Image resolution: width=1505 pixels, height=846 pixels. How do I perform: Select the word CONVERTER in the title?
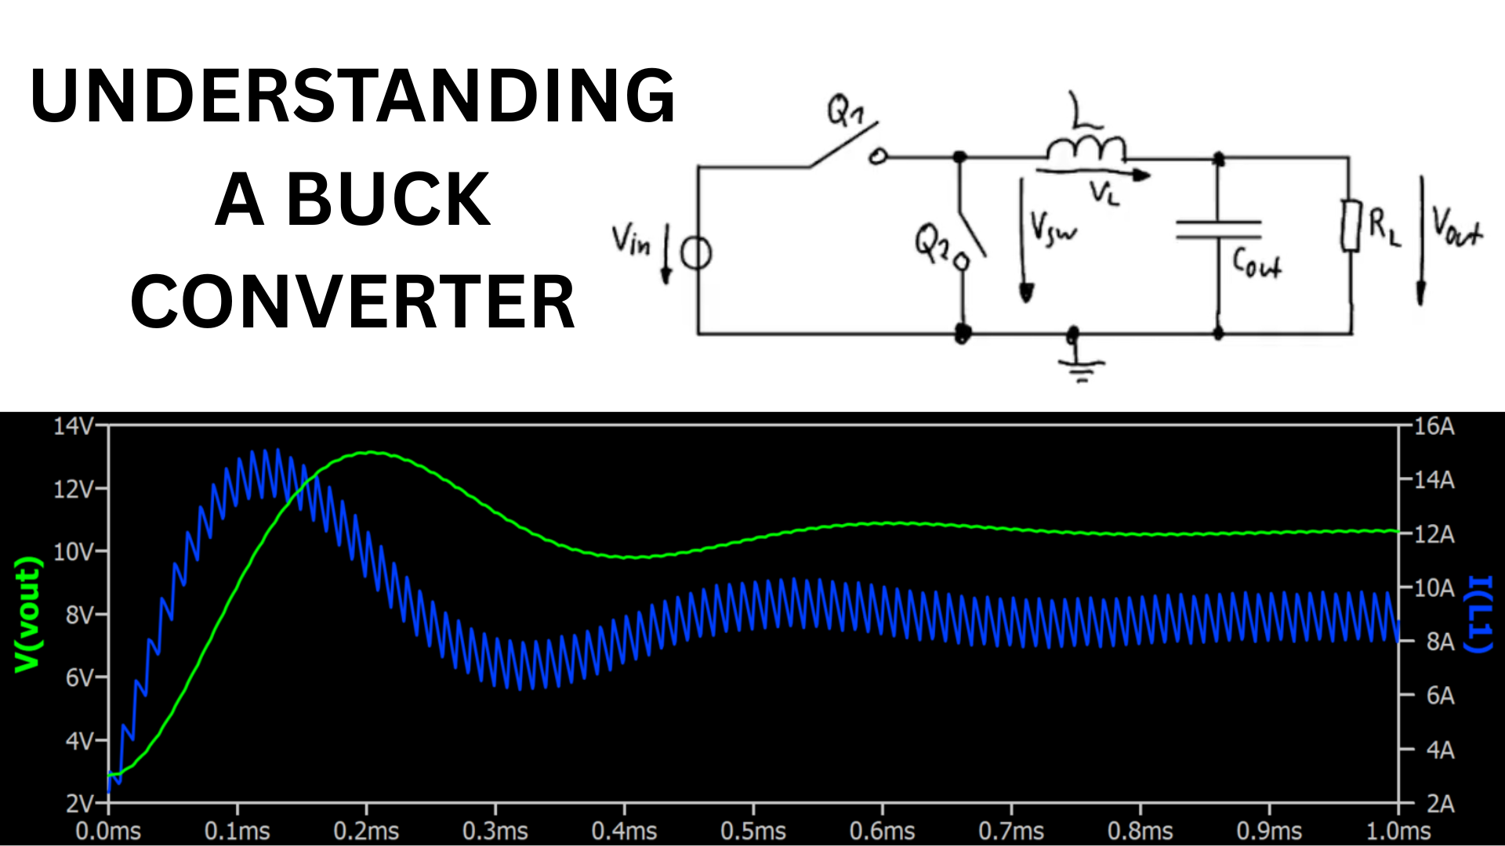(353, 302)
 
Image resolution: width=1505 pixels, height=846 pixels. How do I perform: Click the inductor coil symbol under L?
(1086, 149)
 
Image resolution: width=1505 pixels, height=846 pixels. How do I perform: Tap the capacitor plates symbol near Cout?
(1218, 229)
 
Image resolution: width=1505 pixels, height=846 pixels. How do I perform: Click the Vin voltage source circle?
(696, 254)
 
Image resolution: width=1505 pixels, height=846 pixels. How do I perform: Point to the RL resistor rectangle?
(1350, 226)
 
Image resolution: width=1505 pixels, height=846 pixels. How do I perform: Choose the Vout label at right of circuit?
(1456, 227)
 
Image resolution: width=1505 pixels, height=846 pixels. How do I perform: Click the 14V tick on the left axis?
(73, 426)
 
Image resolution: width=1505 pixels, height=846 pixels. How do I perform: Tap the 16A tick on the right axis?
(1434, 427)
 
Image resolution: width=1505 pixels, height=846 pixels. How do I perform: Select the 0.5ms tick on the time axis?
(753, 831)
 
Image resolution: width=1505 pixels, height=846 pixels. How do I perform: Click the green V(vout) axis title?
(28, 615)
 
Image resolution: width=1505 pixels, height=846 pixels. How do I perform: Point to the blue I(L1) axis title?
(1478, 615)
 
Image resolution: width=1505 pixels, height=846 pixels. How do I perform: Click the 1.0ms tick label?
(1398, 831)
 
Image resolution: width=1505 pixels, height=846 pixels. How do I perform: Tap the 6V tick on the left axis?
(79, 678)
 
